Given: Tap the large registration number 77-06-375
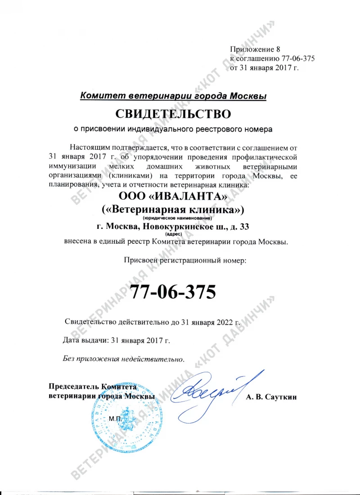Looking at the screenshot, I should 173,292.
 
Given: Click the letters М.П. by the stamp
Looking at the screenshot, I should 115,419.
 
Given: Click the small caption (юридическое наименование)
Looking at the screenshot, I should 173,218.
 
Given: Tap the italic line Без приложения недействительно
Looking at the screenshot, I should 123,359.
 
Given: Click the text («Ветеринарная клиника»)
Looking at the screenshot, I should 173,210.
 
